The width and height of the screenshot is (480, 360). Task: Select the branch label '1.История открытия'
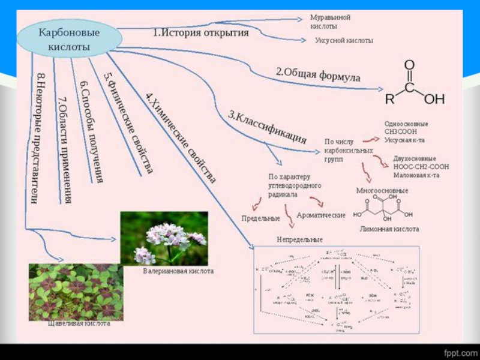point(200,32)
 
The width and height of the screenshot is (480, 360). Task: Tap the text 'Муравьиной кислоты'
point(330,22)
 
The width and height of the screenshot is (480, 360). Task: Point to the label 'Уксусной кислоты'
point(344,41)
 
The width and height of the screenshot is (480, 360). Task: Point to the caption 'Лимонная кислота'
point(389,229)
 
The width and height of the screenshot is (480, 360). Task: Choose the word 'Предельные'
point(260,218)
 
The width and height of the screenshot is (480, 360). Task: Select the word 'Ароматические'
point(321,215)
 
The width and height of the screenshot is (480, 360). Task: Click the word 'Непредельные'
point(300,239)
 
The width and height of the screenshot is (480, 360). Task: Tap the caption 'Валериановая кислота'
point(178,271)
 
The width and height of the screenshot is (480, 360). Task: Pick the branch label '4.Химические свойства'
point(181,137)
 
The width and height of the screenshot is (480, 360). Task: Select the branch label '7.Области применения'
point(65,149)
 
